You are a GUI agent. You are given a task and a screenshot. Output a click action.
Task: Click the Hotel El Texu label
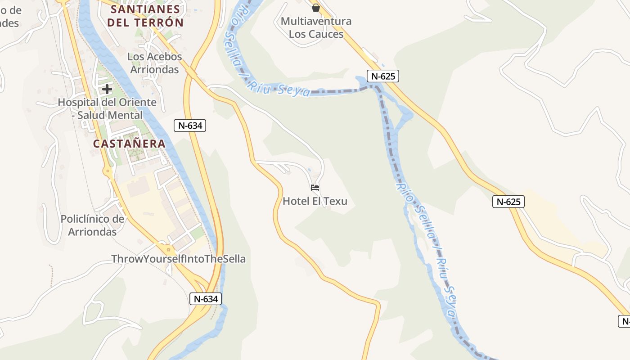coord(315,201)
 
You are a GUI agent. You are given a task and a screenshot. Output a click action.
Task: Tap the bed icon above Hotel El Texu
coord(315,187)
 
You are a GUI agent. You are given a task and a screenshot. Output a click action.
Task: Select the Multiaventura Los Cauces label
coord(316,27)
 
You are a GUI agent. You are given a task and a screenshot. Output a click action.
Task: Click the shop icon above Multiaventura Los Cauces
coord(316,7)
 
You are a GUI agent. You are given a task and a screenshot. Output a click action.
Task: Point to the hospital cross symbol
coord(107,89)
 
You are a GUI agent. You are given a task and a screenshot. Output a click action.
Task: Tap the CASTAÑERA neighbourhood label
coord(129,144)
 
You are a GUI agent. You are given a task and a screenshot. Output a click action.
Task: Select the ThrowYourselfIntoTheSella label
coord(179,259)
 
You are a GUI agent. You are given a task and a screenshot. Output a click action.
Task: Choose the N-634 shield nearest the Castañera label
coord(190,126)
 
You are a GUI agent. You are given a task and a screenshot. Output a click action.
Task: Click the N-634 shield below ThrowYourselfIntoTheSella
coord(206,298)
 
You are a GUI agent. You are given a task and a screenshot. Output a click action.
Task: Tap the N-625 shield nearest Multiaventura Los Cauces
coord(382,76)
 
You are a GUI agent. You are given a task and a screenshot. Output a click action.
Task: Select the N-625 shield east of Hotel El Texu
coord(508,202)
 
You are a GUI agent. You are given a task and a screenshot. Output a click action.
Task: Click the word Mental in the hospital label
coord(127,115)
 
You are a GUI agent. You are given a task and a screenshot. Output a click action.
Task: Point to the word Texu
coord(336,201)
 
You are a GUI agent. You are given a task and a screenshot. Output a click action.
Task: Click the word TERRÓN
coord(161,22)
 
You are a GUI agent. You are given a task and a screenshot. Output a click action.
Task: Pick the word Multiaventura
coord(316,21)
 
